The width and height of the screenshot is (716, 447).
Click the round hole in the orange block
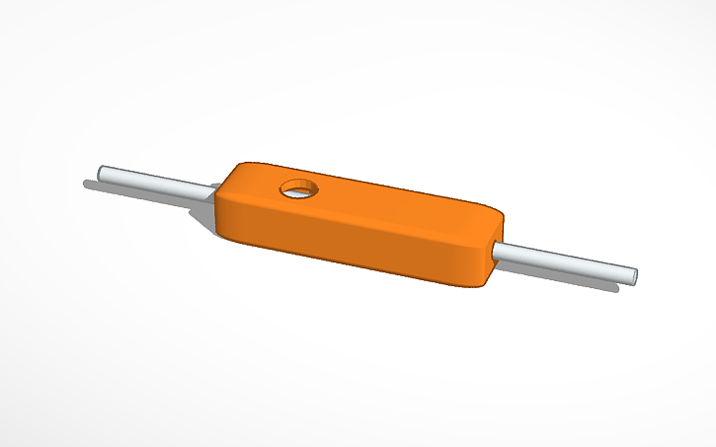(296, 187)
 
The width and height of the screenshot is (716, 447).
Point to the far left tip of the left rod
(101, 171)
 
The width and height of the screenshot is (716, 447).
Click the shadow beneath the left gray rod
(148, 188)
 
